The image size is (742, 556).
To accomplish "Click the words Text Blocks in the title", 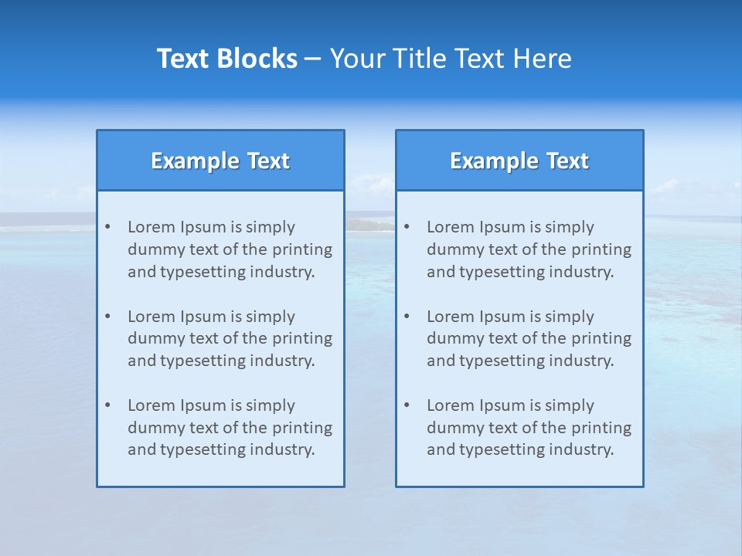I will [x=226, y=59].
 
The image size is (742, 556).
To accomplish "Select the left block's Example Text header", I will [x=220, y=161].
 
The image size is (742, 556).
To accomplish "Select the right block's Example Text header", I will [x=519, y=161].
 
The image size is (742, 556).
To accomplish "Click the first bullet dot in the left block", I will [x=107, y=227].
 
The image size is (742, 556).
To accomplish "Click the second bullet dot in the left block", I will [x=107, y=317].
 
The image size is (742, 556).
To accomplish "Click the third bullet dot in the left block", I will [x=107, y=405].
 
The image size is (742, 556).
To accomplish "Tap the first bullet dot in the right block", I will [x=407, y=227].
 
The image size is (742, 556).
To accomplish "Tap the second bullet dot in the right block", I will [x=407, y=317].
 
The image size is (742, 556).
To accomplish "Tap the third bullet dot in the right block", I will [x=407, y=405].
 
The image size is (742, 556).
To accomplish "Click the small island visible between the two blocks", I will [x=369, y=225].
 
